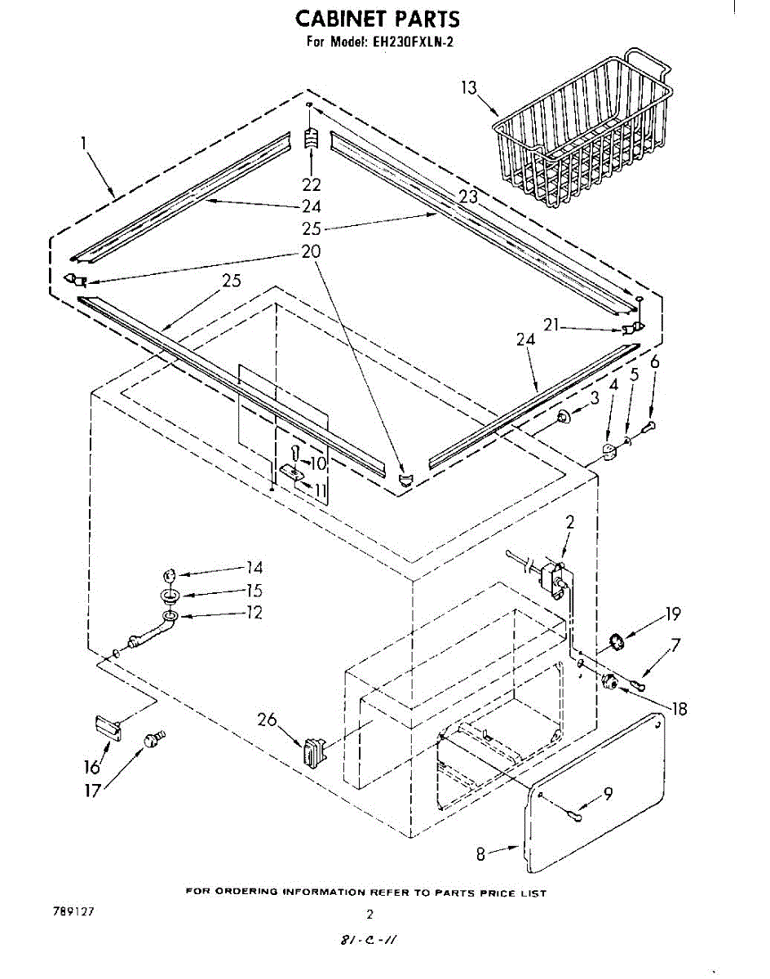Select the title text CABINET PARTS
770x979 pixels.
coord(377,19)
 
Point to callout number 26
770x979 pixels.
coord(267,720)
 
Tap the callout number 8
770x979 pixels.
coord(481,853)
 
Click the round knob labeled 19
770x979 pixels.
coord(617,641)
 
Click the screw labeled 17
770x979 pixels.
coord(152,740)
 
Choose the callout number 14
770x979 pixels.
coord(254,568)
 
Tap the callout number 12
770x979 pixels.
coord(254,612)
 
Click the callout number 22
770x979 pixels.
coord(311,184)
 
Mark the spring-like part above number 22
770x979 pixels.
coord(310,139)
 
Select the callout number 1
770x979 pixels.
coord(84,144)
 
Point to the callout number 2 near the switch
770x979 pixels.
coord(569,523)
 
